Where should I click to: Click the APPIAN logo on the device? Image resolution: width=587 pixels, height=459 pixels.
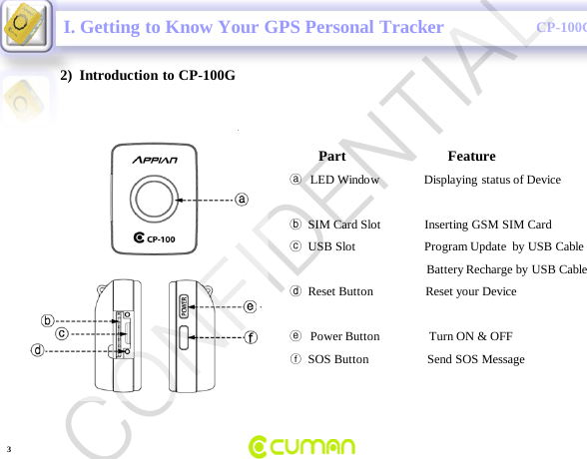156,160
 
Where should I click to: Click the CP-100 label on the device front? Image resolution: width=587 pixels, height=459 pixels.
155,238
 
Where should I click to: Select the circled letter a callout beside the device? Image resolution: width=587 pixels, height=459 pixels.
242,199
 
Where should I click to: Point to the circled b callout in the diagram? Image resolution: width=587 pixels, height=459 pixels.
47,320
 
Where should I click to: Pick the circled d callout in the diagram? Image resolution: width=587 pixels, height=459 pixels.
37,350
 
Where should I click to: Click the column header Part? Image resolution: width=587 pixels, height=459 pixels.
331,156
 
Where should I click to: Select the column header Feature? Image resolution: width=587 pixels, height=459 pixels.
471,156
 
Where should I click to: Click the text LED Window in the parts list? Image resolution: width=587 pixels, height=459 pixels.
344,180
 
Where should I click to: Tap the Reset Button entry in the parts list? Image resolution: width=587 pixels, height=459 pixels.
340,291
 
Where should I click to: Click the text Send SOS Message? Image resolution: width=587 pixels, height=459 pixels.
476,358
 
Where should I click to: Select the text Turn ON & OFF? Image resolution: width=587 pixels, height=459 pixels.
471,336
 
